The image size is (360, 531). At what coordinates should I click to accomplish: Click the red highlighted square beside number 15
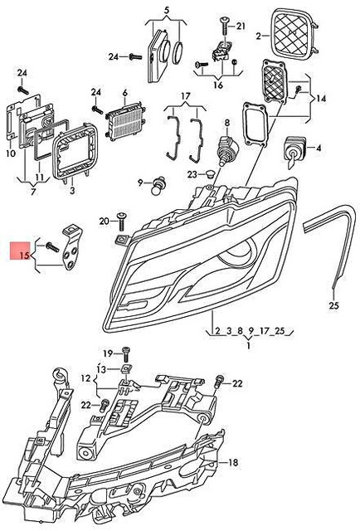pyautogui.click(x=17, y=251)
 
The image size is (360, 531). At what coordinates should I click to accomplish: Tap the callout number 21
pyautogui.click(x=241, y=26)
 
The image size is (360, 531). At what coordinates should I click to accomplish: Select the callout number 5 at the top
pyautogui.click(x=166, y=9)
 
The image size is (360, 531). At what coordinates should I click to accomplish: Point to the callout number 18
pyautogui.click(x=233, y=461)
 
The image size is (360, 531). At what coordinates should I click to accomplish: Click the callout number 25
pyautogui.click(x=334, y=305)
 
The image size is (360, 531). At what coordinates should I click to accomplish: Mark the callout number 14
pyautogui.click(x=321, y=99)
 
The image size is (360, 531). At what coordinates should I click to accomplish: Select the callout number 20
pyautogui.click(x=104, y=221)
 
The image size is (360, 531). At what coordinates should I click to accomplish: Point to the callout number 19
pyautogui.click(x=108, y=353)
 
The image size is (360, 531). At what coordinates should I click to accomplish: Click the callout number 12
pyautogui.click(x=85, y=378)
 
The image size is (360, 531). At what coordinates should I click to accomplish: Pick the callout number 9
pyautogui.click(x=142, y=180)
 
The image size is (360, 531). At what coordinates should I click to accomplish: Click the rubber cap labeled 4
pyautogui.click(x=293, y=149)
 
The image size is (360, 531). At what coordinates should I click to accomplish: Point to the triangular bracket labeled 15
pyautogui.click(x=72, y=246)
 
